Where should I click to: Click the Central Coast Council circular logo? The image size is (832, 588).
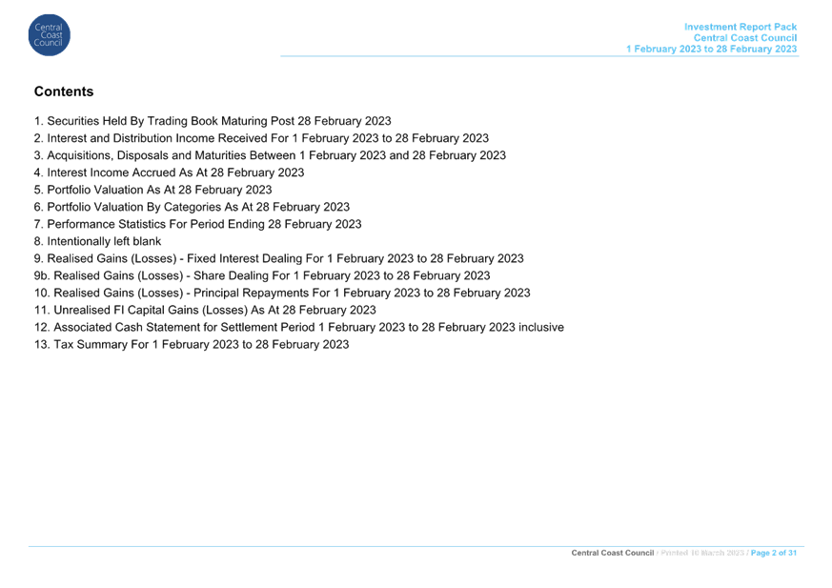50,35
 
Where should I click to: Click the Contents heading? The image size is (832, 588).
64,91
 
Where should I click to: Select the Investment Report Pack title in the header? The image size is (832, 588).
741,27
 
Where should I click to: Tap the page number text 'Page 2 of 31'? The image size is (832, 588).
774,553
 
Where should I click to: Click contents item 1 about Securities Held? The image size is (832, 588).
213,121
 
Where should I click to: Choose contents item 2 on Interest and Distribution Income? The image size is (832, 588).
261,138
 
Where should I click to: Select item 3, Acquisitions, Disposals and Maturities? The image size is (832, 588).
270,155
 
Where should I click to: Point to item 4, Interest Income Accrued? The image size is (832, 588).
169,172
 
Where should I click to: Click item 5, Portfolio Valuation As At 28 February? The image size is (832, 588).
152,190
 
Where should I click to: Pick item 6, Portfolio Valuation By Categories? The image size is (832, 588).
192,207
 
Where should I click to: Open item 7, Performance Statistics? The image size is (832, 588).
197,224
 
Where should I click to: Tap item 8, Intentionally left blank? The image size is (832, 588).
97,241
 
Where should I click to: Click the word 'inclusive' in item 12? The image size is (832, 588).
540,328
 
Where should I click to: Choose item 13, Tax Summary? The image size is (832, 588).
192,344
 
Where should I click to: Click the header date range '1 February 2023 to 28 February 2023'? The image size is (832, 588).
711,49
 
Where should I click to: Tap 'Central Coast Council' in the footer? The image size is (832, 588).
613,553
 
